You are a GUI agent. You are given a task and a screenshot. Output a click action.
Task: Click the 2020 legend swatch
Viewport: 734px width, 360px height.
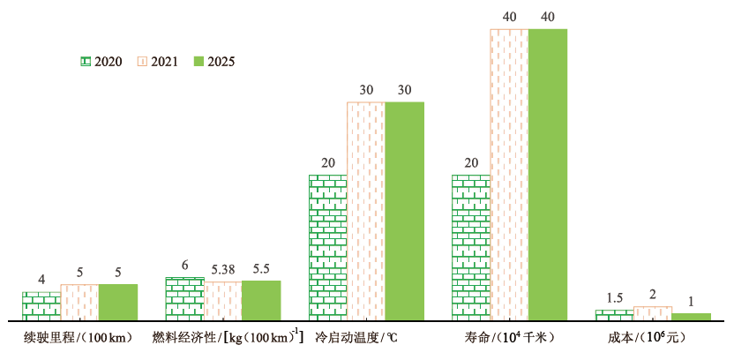[85, 62]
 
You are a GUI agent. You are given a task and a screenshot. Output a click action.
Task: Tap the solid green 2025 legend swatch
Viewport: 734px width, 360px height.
[198, 62]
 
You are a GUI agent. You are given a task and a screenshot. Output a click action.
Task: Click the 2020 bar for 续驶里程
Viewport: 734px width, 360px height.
[41, 305]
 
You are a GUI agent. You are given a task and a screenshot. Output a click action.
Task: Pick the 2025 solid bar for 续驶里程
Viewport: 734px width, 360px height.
[118, 302]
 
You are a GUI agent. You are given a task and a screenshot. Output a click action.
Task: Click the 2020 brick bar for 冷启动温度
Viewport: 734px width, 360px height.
[327, 247]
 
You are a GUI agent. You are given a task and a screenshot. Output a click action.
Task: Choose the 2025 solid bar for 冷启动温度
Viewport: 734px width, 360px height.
[404, 211]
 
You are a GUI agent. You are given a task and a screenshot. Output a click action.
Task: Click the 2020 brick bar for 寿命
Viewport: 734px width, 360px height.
[471, 247]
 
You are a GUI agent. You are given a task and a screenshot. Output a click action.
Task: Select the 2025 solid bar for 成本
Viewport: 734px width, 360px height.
[691, 316]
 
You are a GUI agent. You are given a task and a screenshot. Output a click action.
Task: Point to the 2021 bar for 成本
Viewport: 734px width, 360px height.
[653, 313]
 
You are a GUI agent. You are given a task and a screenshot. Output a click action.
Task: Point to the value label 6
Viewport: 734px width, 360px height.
[185, 266]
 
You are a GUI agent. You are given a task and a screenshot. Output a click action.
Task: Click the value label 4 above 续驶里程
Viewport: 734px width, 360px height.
[41, 281]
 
